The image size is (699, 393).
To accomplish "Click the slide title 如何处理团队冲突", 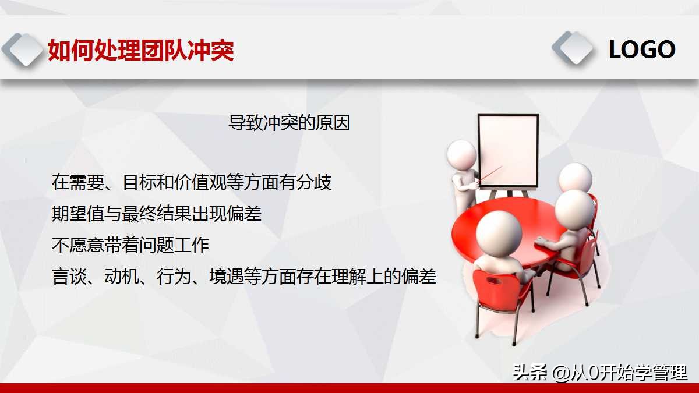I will [x=140, y=51].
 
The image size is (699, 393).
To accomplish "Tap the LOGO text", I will [x=642, y=50].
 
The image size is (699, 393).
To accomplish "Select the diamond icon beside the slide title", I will [x=23, y=50].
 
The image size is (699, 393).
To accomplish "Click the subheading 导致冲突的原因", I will [x=289, y=123].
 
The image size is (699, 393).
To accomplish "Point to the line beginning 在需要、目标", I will [x=192, y=183].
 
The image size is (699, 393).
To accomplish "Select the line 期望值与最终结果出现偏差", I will [x=157, y=214].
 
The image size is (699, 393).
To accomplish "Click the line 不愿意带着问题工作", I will [x=130, y=245].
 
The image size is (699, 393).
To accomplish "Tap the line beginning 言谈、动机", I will [x=244, y=277].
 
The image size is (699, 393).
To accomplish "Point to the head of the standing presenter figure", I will [x=462, y=155].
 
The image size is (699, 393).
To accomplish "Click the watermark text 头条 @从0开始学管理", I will [x=599, y=373].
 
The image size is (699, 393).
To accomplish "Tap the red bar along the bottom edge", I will [x=349, y=388].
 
